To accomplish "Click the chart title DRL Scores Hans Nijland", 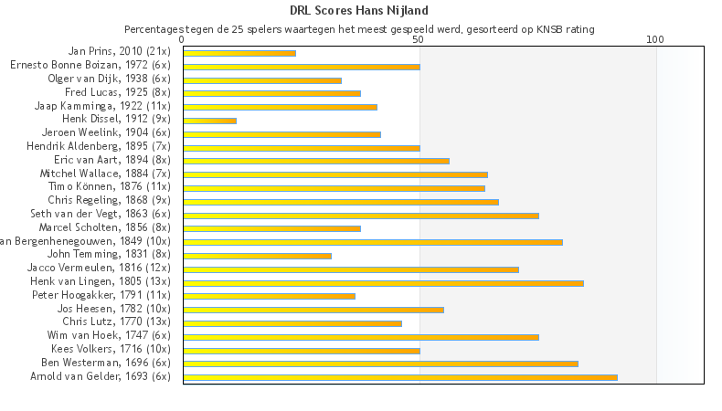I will tap(359, 11).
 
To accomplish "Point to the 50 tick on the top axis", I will tap(419, 40).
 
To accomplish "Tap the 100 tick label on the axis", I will tap(655, 40).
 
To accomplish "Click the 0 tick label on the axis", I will tap(183, 40).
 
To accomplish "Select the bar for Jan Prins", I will tap(239, 53).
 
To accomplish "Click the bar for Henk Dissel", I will tap(209, 121).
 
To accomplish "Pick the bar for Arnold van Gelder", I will tap(400, 377).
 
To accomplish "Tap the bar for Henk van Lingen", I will tap(383, 283).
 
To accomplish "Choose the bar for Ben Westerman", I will tap(380, 364).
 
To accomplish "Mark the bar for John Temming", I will tap(257, 256).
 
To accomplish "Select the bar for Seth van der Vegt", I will tap(361, 216).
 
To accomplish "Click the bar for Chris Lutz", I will tap(292, 323).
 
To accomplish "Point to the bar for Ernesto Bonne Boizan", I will tap(302, 67).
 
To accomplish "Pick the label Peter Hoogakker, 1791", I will tap(101, 295).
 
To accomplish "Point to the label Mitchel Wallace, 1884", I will tap(105, 173).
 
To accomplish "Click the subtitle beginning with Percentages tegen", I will tap(359, 29).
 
